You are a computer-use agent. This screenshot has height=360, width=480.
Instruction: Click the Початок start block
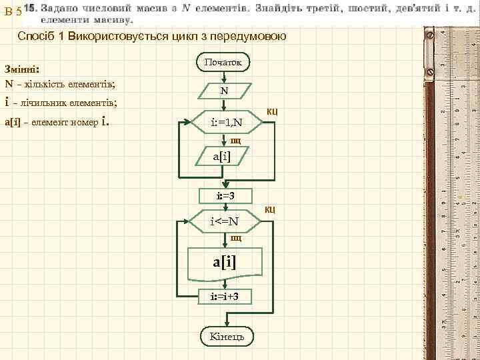224,63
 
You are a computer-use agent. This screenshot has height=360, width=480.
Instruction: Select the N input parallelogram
225,91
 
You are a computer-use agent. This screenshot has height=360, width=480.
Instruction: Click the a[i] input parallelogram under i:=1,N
225,158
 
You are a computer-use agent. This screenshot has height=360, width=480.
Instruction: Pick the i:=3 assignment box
225,195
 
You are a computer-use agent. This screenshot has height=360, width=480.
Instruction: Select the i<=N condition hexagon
225,221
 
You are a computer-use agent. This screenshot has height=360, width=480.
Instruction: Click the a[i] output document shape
225,263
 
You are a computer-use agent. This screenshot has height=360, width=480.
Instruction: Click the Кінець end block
225,336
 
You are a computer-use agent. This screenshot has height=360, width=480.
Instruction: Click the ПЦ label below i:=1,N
235,141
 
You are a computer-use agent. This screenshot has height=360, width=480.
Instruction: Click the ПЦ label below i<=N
235,237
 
